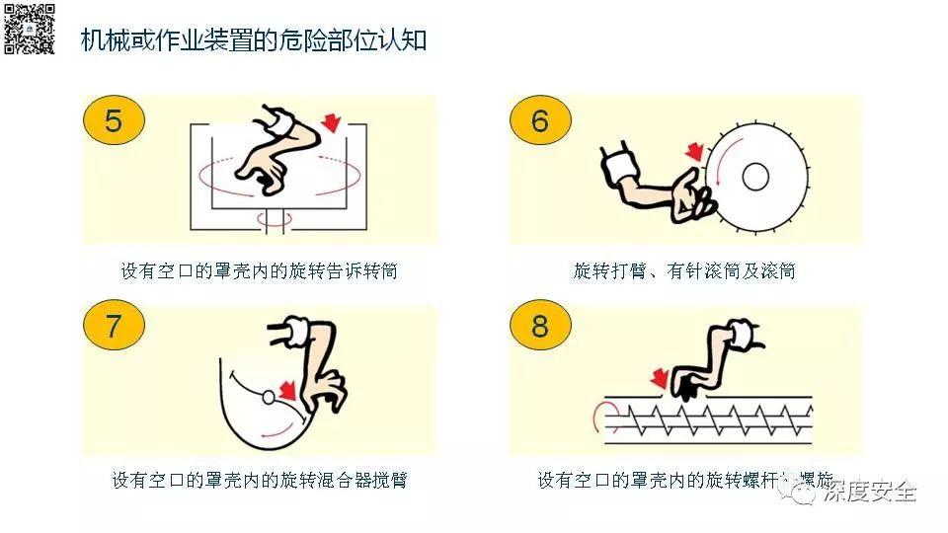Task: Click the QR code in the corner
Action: tap(30, 30)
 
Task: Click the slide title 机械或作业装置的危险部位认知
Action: tap(254, 41)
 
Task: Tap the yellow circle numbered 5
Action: tap(114, 121)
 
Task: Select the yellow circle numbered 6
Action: tap(539, 121)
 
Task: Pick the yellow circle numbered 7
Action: tap(114, 327)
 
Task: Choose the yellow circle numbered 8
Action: tap(539, 327)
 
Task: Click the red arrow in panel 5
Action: tap(333, 122)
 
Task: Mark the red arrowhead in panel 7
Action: tap(287, 392)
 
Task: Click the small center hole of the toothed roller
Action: tap(755, 177)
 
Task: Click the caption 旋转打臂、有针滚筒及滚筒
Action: tap(684, 270)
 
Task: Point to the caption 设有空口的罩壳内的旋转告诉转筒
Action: tap(259, 270)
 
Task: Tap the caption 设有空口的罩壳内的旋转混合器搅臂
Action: tap(259, 481)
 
